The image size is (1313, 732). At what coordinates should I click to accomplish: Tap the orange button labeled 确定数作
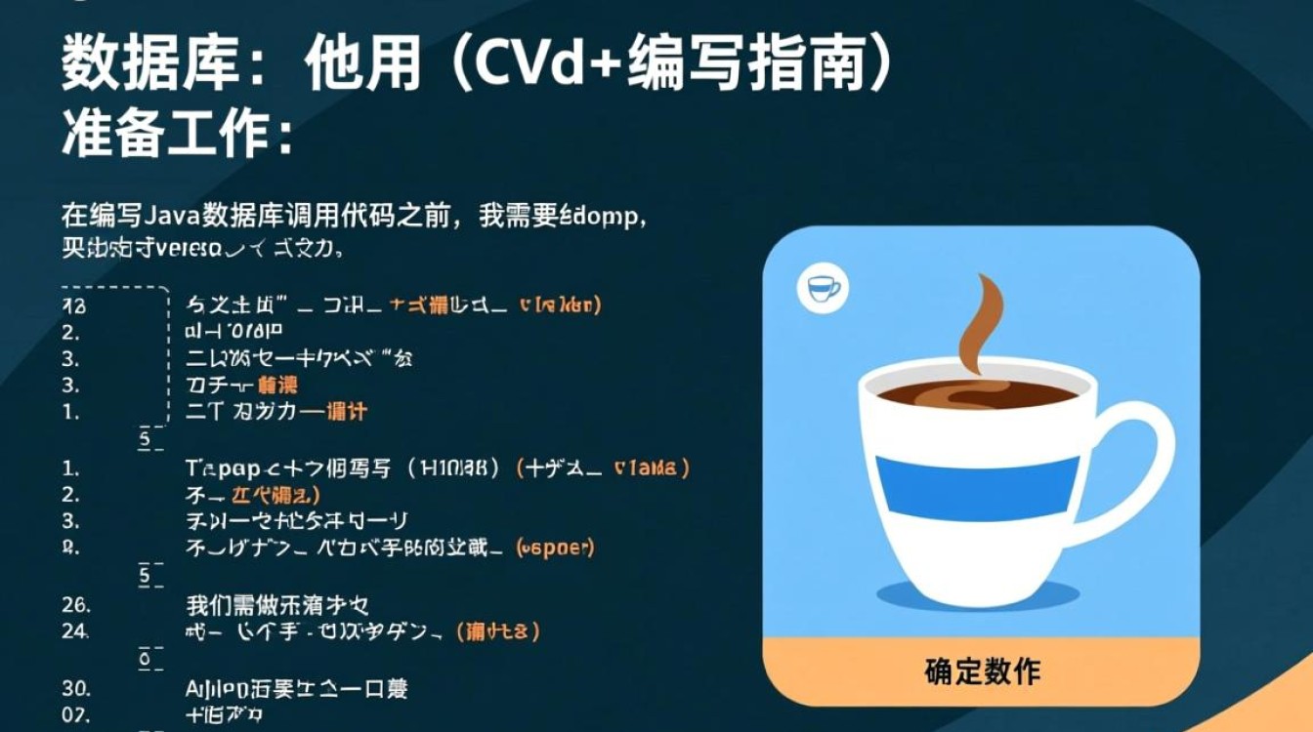982,671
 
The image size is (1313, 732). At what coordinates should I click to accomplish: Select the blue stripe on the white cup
978,488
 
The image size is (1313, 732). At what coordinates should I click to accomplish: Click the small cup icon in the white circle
823,289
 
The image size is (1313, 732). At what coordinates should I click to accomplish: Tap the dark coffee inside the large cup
977,393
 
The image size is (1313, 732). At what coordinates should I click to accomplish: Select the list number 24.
75,631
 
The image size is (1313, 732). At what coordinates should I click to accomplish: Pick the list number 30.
75,688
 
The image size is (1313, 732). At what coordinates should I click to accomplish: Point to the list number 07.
75,714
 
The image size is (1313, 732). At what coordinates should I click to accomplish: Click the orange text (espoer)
554,548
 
